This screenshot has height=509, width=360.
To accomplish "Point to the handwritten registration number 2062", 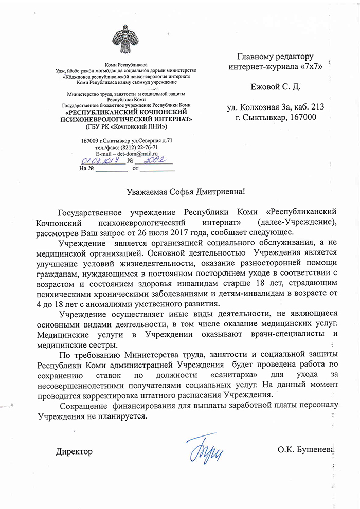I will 154,160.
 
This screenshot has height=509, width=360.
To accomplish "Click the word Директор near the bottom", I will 74,451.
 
